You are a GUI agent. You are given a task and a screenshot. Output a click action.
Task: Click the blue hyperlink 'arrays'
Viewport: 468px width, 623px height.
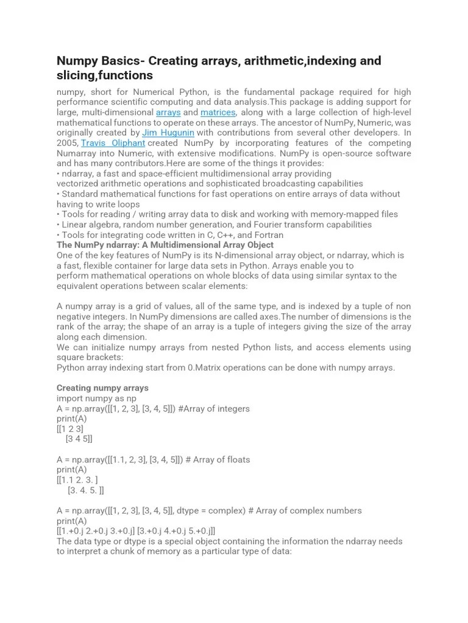coord(168,113)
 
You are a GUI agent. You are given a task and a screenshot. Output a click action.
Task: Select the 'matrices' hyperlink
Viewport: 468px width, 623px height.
coord(218,113)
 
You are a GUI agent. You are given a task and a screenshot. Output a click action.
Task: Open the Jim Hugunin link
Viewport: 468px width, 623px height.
coord(168,133)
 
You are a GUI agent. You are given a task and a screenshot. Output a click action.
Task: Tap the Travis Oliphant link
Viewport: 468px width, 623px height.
coord(113,143)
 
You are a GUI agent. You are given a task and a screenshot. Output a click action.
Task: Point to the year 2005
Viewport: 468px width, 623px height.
coord(67,143)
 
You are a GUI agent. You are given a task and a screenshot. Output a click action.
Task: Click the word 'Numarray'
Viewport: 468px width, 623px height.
coord(78,153)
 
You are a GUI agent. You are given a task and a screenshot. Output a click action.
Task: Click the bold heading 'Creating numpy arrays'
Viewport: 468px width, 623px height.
coord(102,388)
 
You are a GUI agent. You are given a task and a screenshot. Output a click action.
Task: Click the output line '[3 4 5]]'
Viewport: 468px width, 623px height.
coord(79,439)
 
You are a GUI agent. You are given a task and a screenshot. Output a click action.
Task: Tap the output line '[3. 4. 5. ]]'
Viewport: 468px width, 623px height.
coord(86,490)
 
